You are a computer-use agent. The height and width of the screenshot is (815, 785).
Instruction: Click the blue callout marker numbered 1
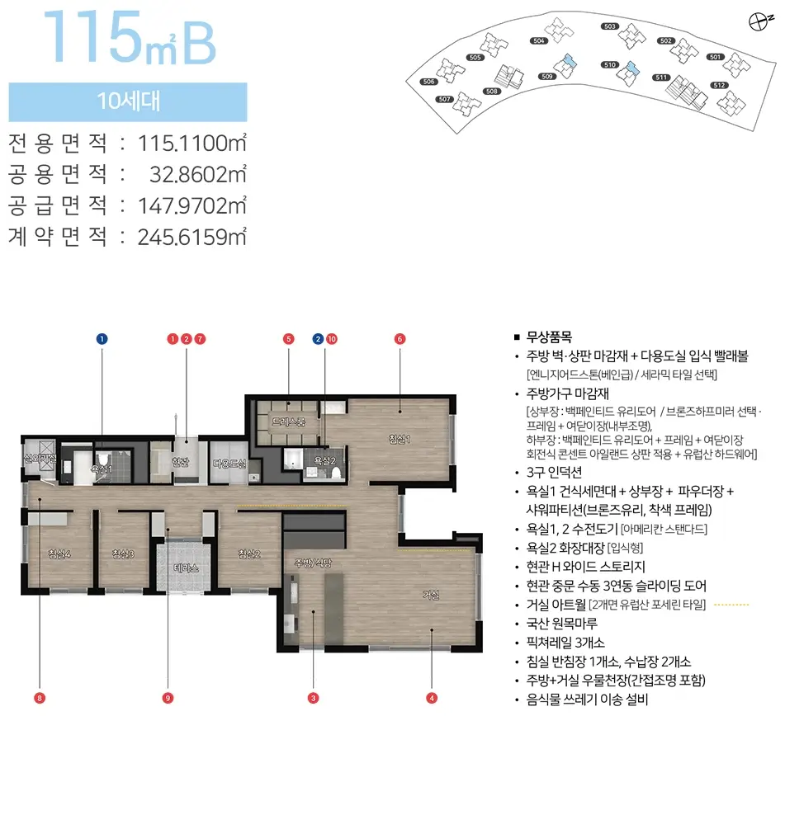click(102, 339)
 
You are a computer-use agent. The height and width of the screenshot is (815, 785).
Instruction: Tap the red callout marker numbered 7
click(200, 339)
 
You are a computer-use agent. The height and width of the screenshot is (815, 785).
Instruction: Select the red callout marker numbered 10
click(331, 339)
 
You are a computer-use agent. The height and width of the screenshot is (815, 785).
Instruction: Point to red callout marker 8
click(40, 698)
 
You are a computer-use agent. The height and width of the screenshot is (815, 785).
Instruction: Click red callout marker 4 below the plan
click(431, 698)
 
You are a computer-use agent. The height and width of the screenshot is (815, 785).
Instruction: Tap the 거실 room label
click(431, 595)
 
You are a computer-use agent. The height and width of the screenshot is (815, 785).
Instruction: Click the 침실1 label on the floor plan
click(400, 439)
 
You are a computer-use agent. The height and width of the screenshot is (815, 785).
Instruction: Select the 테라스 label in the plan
click(186, 568)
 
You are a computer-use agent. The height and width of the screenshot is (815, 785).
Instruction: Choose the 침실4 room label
click(59, 554)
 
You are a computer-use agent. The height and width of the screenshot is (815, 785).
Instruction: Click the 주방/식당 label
click(313, 563)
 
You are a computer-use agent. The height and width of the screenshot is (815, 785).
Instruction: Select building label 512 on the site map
click(718, 85)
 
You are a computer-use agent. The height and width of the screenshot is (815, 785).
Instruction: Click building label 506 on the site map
click(428, 82)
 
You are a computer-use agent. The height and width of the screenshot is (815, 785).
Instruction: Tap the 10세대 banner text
click(128, 102)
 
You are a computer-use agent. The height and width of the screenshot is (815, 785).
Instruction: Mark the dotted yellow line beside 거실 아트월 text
click(730, 605)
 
